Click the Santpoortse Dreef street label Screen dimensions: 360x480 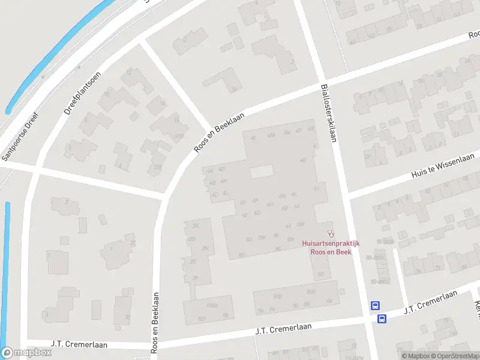click(x=20, y=137)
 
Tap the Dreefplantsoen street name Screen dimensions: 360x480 click(x=75, y=94)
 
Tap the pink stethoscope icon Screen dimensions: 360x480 click(x=329, y=233)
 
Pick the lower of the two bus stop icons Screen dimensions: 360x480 click(x=382, y=319)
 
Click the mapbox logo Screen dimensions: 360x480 click(x=26, y=353)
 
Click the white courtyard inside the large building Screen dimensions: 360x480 click(x=261, y=172)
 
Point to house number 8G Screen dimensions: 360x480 click(x=322, y=275)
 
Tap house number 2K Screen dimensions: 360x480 click(x=196, y=226)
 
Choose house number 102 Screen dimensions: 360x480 click(x=202, y=319)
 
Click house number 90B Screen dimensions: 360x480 click(x=277, y=296)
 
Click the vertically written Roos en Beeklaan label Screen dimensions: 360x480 click(x=155, y=322)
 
